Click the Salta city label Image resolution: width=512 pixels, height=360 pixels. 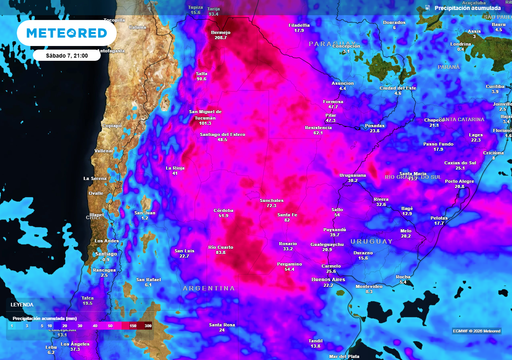[x=201, y=74]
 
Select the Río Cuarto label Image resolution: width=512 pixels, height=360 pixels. [x=220, y=246]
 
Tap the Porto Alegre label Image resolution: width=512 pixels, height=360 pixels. [x=460, y=182]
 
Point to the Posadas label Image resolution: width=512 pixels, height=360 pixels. [x=375, y=126]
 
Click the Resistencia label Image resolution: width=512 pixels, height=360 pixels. [x=317, y=128]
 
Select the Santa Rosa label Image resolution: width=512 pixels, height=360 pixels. [x=222, y=325]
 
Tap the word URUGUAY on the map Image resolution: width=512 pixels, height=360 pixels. [x=365, y=240]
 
